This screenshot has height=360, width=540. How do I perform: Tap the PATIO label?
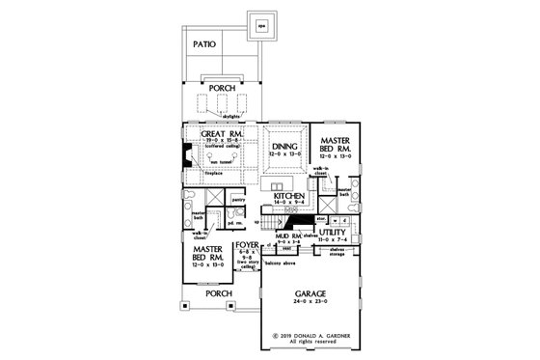pyautogui.click(x=203, y=44)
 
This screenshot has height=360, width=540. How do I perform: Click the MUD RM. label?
pyautogui.click(x=289, y=235)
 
